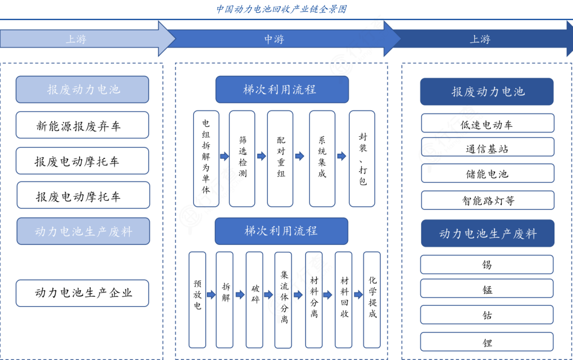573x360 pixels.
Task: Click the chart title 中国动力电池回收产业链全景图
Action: (x=281, y=9)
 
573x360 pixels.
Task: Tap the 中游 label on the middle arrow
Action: (x=274, y=39)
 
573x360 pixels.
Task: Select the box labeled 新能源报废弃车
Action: (x=82, y=125)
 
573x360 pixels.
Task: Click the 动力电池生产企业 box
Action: (x=82, y=293)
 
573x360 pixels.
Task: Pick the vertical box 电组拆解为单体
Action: (x=206, y=159)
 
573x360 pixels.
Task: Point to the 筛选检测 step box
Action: (x=242, y=159)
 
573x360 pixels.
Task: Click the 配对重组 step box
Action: (x=280, y=159)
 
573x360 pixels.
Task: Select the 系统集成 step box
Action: (x=322, y=159)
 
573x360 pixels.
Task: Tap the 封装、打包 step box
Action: (x=362, y=159)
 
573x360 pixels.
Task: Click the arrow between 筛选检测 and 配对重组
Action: (x=261, y=156)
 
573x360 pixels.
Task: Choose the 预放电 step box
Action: (x=197, y=300)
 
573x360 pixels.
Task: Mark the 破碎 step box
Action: (x=255, y=300)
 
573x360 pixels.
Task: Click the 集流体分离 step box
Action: (x=283, y=300)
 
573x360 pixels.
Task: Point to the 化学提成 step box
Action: (x=372, y=300)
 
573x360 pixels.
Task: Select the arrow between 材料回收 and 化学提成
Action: (x=358, y=295)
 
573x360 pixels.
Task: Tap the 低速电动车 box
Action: (x=487, y=124)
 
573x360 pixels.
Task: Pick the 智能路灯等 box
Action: (x=487, y=200)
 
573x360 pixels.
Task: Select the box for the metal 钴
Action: (x=487, y=315)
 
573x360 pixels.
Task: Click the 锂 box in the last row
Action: (x=487, y=342)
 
